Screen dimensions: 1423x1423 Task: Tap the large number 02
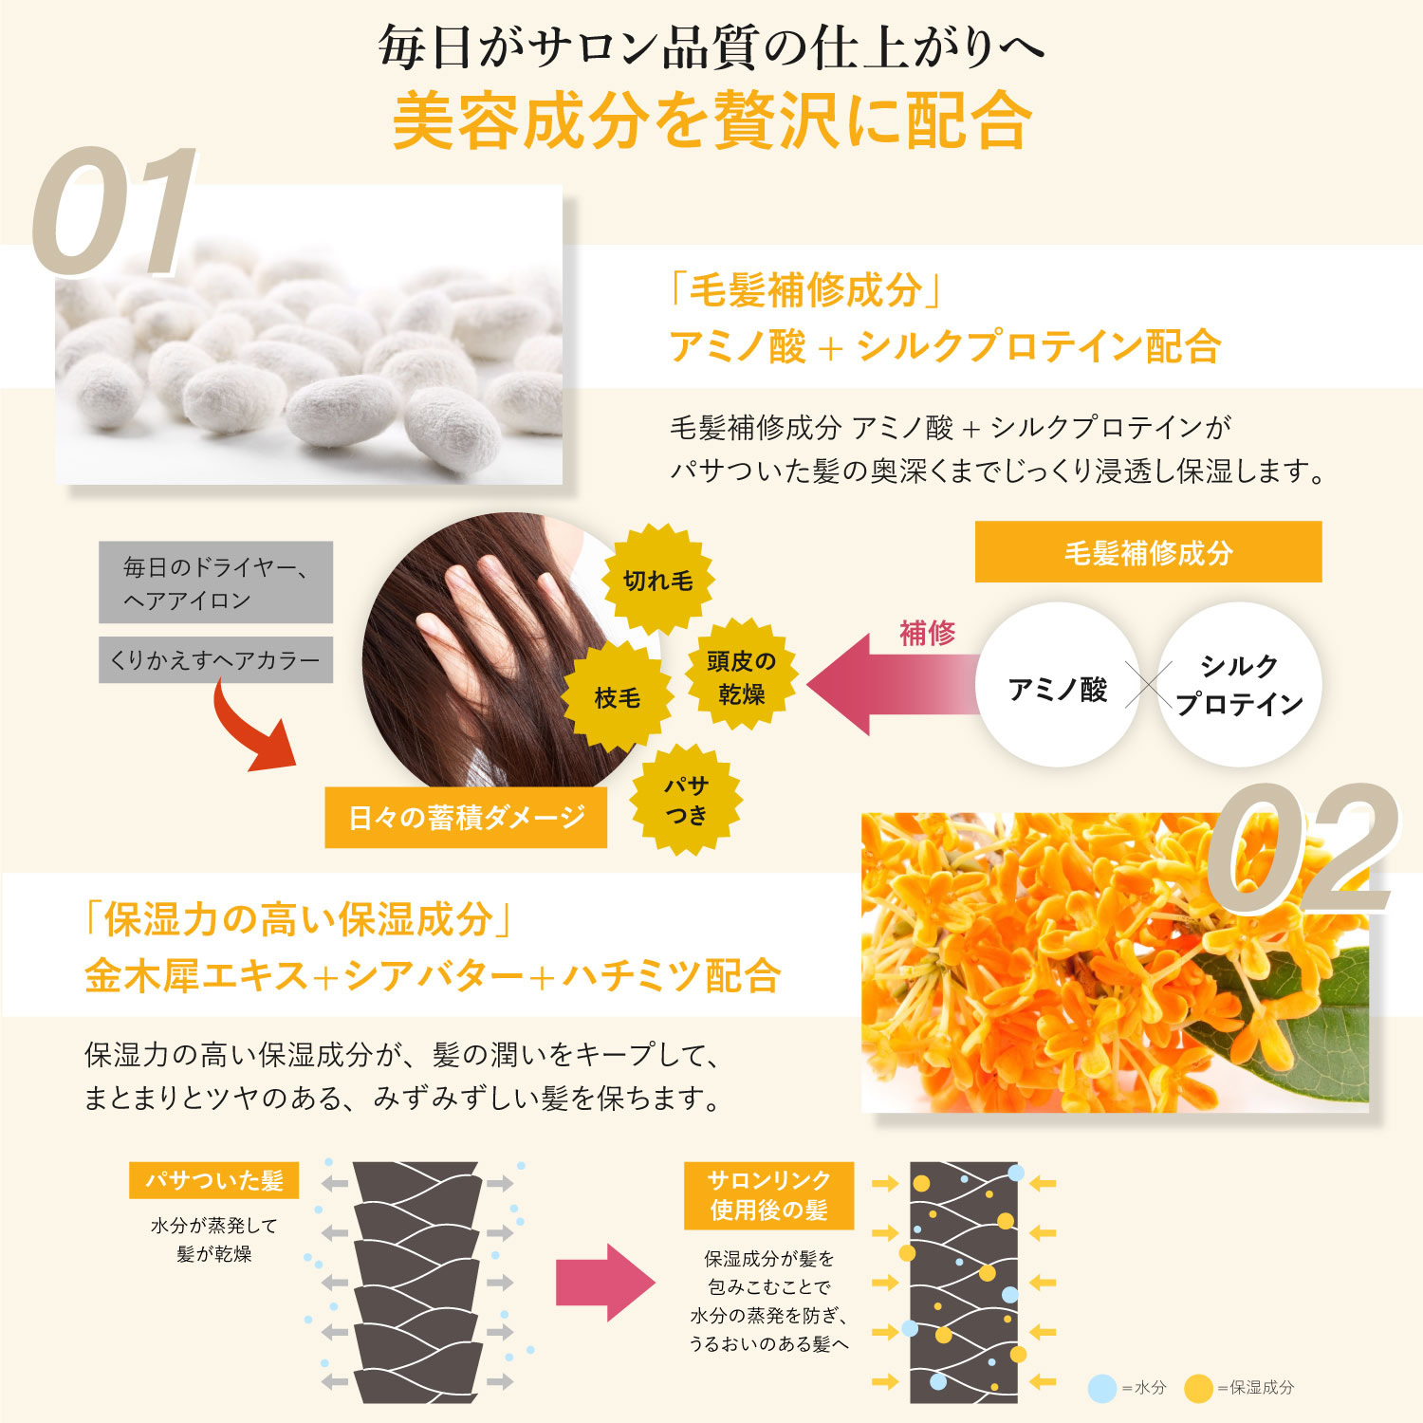[x=1300, y=849]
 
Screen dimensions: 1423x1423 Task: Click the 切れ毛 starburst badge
[x=657, y=580]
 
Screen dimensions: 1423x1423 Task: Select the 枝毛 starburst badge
[x=618, y=697]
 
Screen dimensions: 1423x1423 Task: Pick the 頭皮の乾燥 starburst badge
[x=741, y=676]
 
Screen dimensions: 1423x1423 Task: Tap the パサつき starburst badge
[x=686, y=800]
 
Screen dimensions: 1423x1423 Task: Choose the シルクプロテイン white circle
[x=1238, y=685]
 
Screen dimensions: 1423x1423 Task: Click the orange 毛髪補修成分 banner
[x=1148, y=552]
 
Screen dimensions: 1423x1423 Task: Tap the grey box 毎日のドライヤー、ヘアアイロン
[x=215, y=582]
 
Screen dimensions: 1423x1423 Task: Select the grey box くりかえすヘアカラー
[x=215, y=660]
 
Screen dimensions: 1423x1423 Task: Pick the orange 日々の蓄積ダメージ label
[x=466, y=817]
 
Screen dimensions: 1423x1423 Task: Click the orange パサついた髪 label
[x=214, y=1180]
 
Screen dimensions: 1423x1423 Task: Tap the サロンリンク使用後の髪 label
[x=768, y=1194]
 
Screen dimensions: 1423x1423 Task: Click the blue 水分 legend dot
[x=1101, y=1388]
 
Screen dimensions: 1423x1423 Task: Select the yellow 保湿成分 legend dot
[x=1199, y=1388]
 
